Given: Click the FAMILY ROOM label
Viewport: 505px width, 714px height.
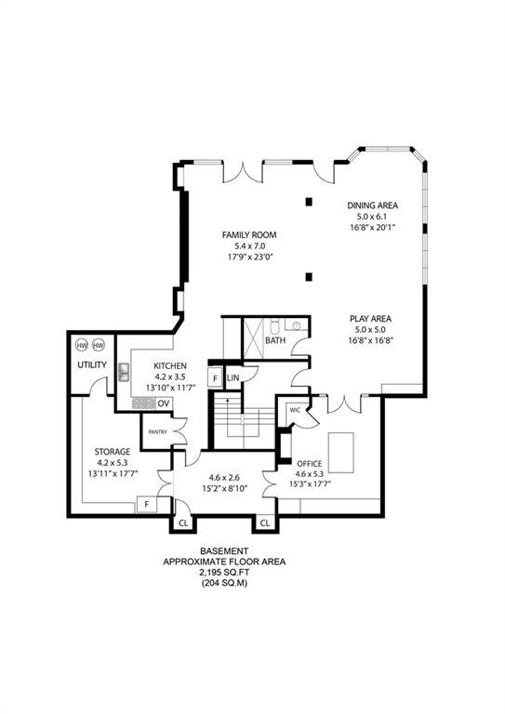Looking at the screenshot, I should click(x=249, y=234).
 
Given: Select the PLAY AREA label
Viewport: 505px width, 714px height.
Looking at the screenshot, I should click(x=371, y=318).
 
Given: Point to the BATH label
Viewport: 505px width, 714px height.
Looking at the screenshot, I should click(x=275, y=340).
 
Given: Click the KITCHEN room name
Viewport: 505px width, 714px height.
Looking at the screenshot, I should click(x=171, y=365).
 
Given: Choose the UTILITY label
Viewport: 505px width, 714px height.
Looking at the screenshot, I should click(x=92, y=364).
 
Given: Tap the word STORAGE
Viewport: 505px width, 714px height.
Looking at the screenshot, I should click(x=113, y=452).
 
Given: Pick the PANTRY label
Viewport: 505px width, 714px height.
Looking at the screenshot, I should click(x=155, y=431).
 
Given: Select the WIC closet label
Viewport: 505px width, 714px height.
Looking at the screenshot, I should click(x=294, y=409).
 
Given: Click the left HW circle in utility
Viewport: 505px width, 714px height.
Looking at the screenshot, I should click(x=81, y=344).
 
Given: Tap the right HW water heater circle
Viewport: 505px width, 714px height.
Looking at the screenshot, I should click(x=99, y=344).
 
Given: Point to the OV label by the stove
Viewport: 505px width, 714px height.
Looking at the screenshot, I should click(x=163, y=403).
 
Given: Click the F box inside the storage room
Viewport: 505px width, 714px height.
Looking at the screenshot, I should click(x=146, y=504).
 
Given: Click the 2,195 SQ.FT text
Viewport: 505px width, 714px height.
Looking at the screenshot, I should click(x=225, y=573).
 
